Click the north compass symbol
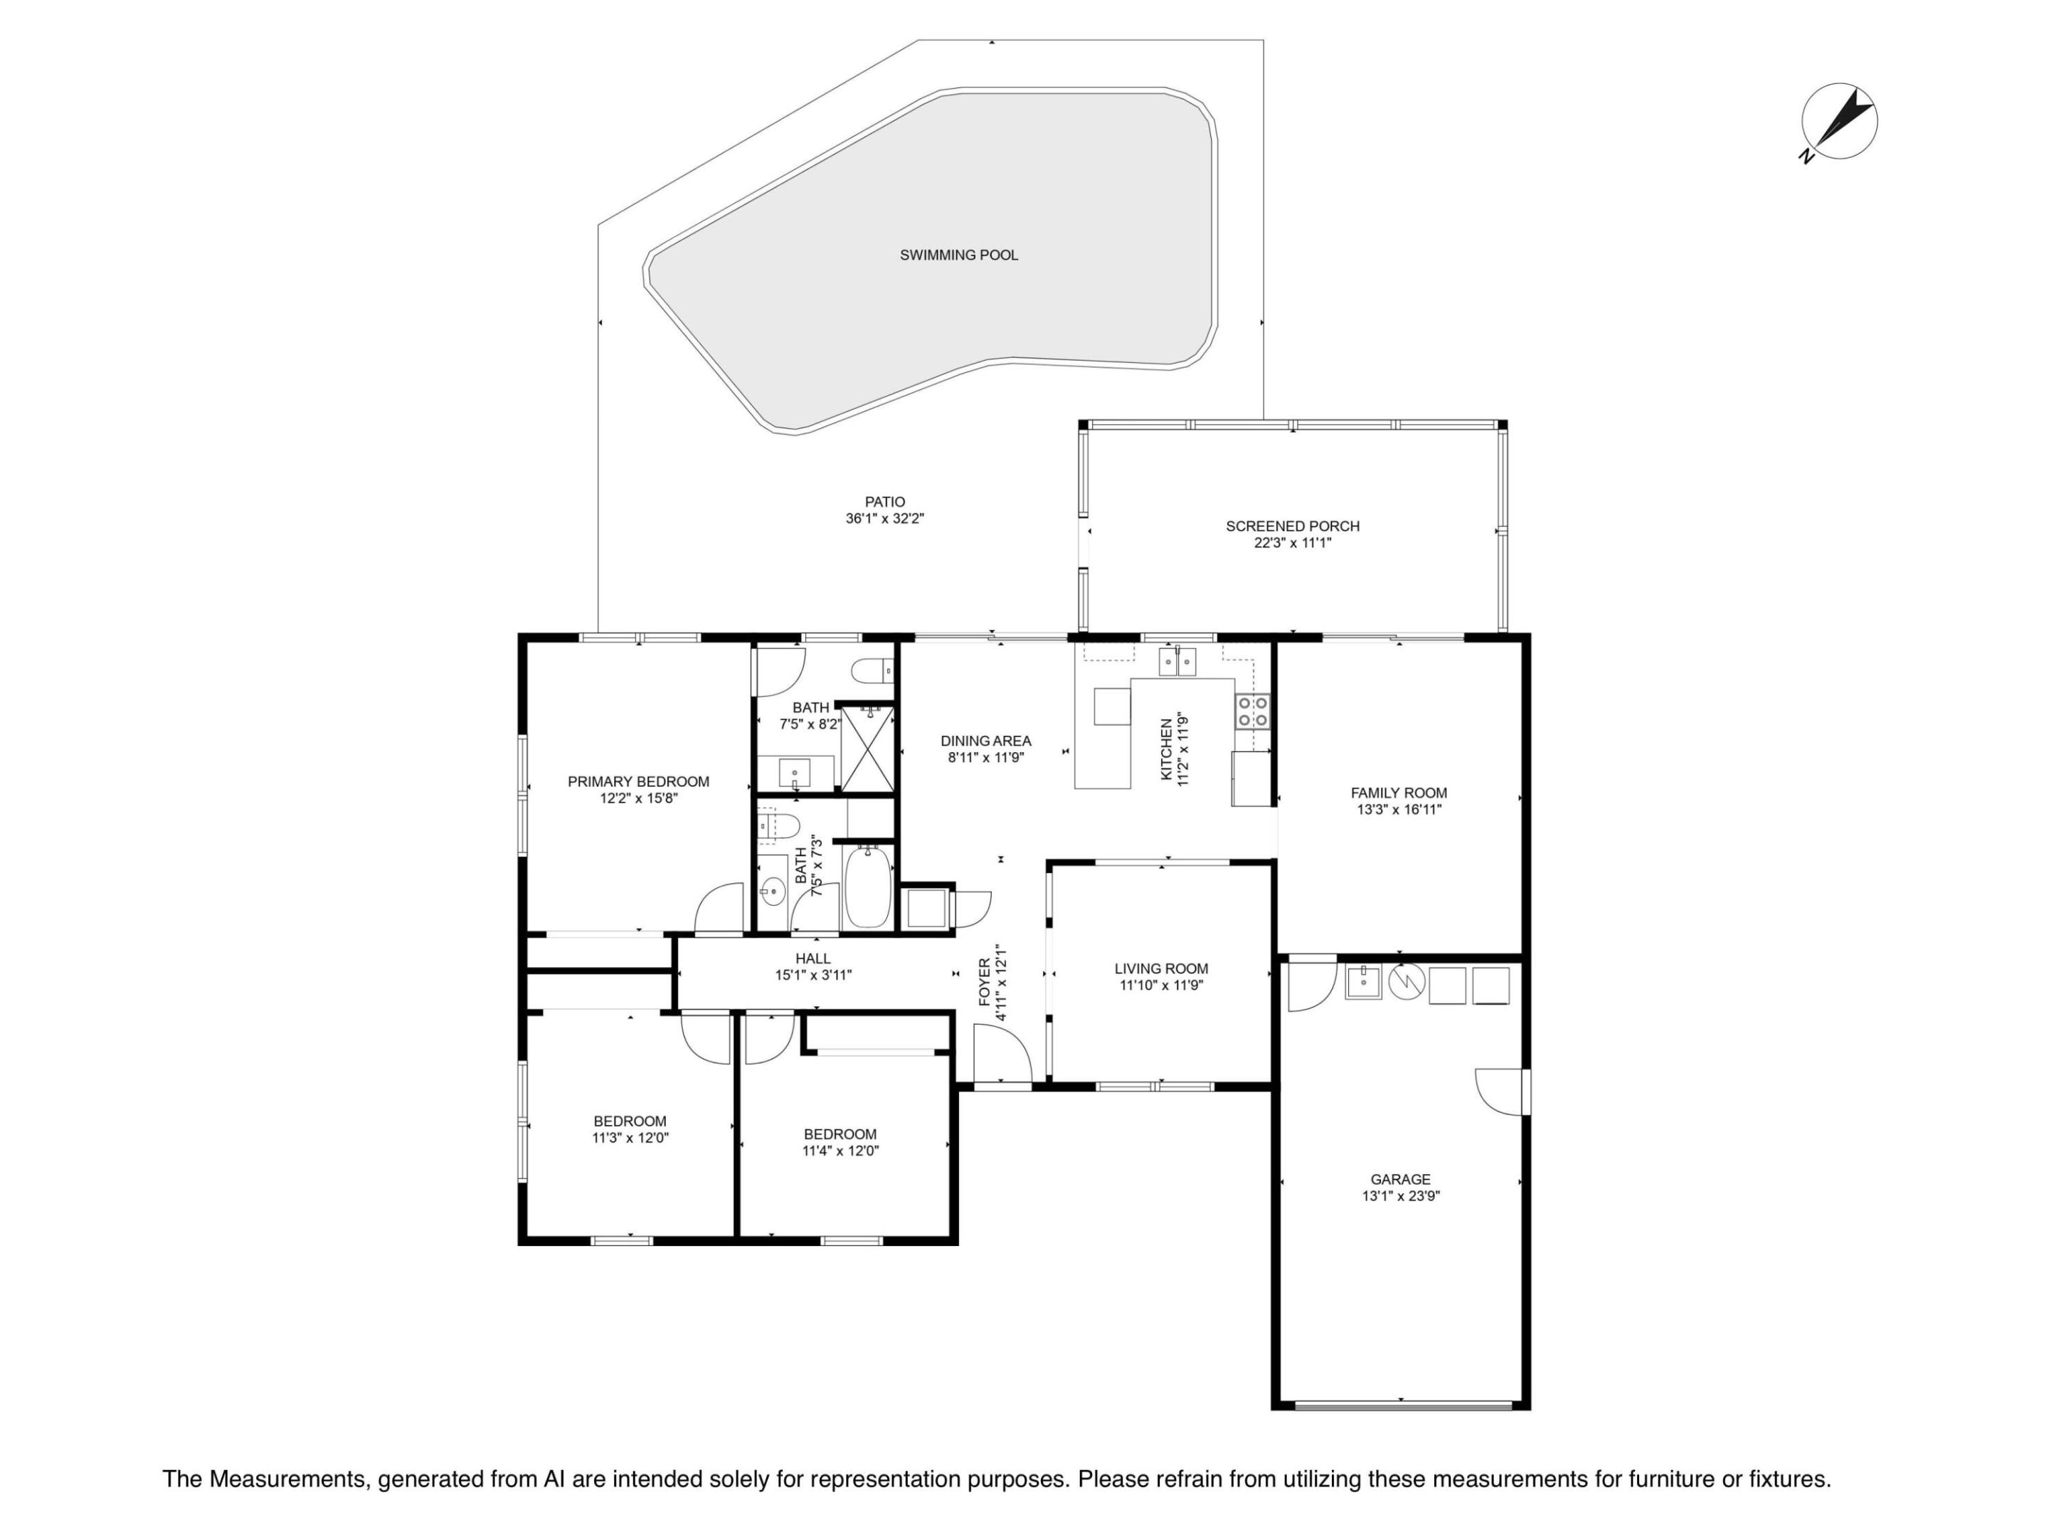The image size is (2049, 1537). [1838, 122]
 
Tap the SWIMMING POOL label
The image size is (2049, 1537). [959, 255]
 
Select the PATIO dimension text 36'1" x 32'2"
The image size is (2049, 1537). [884, 519]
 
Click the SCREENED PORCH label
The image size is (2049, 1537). [1292, 527]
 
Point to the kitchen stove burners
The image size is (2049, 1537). [1252, 712]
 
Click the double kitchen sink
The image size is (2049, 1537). [1177, 662]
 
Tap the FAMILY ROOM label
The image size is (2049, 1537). [1399, 793]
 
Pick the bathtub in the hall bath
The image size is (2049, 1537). [869, 887]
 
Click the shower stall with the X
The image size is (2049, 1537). [868, 749]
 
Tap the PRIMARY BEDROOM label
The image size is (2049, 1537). [638, 782]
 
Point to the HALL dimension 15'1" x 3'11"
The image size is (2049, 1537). [813, 975]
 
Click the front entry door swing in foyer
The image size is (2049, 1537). [1003, 1052]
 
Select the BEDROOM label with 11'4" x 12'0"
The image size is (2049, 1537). [840, 1134]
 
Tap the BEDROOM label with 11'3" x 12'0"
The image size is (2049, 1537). [630, 1121]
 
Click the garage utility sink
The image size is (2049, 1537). [1362, 982]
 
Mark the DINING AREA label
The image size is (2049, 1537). [985, 741]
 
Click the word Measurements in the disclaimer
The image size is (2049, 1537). [288, 1479]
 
